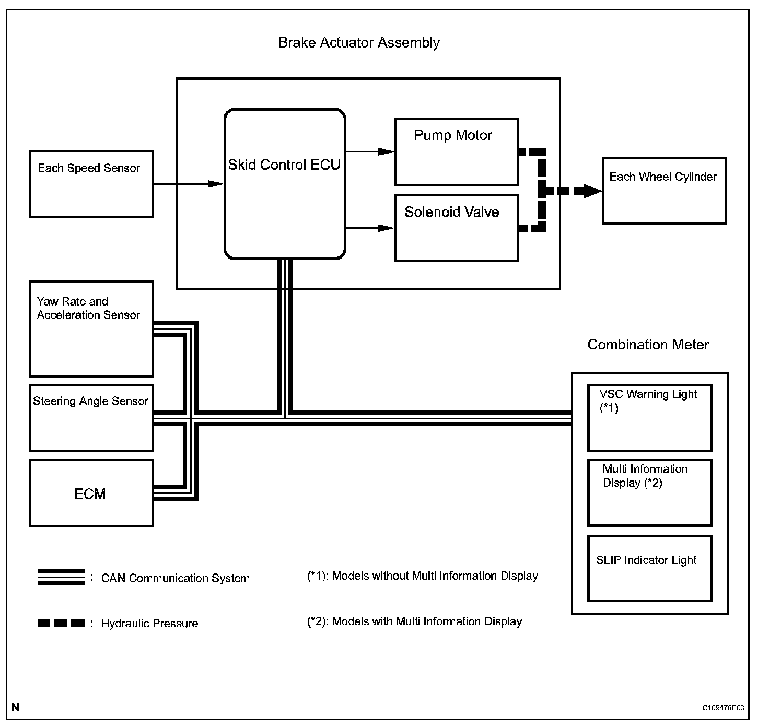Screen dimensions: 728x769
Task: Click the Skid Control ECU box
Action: click(x=285, y=184)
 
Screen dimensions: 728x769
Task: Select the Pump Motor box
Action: click(x=456, y=152)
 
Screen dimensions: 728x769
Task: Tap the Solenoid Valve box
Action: click(x=456, y=228)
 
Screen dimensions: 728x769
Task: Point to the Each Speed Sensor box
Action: click(x=91, y=184)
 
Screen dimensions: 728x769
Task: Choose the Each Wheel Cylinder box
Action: click(x=664, y=191)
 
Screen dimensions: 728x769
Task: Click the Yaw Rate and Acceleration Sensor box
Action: click(x=91, y=329)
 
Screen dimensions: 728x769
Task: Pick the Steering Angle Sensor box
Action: click(x=91, y=418)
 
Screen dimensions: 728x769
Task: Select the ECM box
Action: click(x=91, y=493)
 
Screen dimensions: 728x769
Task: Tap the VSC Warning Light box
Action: click(x=649, y=418)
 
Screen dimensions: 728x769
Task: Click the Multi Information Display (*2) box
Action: click(x=649, y=492)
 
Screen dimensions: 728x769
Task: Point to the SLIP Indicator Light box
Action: click(x=649, y=568)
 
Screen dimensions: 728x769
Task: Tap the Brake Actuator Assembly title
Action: click(x=359, y=43)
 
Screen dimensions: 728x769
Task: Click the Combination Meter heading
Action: click(x=648, y=345)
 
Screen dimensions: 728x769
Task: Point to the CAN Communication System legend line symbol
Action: click(x=61, y=577)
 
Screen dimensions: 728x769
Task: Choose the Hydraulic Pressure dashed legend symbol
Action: click(x=61, y=623)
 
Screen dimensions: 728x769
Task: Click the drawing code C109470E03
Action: click(x=723, y=708)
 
